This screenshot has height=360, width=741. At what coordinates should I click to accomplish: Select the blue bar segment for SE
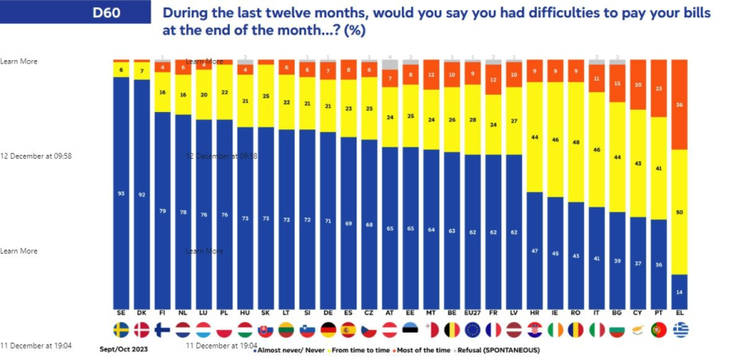121,194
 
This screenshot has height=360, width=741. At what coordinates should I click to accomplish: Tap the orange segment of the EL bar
680,104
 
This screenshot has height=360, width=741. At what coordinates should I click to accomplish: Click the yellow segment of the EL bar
680,212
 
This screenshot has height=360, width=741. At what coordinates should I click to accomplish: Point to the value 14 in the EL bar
680,292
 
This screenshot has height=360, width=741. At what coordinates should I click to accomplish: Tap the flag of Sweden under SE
121,330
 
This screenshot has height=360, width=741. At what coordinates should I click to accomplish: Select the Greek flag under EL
680,330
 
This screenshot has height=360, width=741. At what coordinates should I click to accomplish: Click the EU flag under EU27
473,330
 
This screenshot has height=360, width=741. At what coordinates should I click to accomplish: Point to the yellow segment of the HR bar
534,138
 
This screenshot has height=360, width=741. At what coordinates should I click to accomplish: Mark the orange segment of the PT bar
659,88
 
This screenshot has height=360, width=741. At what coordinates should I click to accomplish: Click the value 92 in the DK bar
142,194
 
